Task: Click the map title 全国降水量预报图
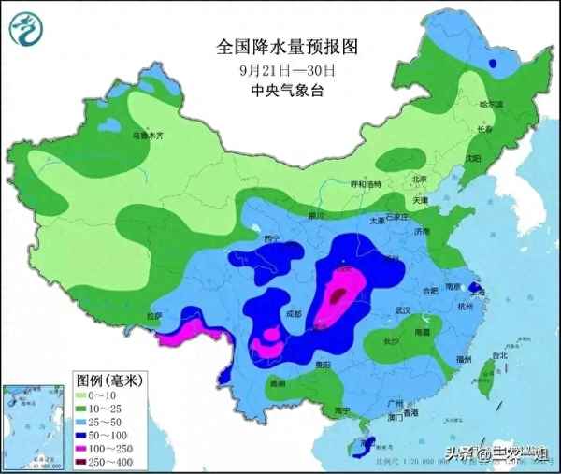287,46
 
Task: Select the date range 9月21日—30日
287,69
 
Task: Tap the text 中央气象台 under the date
287,91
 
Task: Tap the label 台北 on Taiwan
498,356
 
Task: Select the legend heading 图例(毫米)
108,381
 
